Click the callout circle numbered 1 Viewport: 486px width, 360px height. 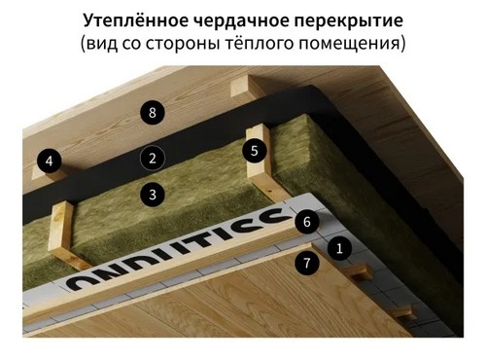(x=339, y=248)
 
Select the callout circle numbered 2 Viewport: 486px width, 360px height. (x=151, y=157)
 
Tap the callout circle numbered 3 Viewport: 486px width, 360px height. (x=151, y=194)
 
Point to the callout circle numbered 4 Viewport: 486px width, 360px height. (x=50, y=159)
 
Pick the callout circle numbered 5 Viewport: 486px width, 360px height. (x=254, y=151)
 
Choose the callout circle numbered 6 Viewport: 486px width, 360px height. (x=306, y=223)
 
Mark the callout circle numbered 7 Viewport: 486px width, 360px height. (x=307, y=262)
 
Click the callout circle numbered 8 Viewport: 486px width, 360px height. (x=152, y=112)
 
